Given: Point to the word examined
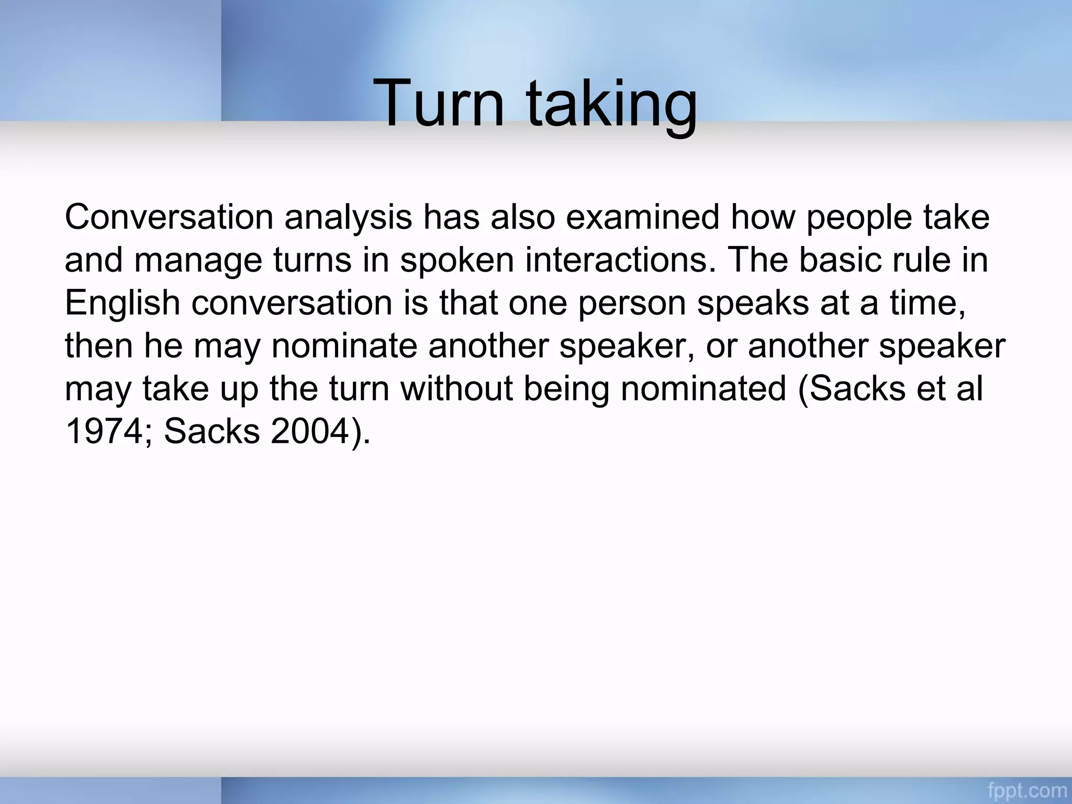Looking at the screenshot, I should pyautogui.click(x=642, y=217).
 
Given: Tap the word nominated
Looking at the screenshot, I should pyautogui.click(x=703, y=388).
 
